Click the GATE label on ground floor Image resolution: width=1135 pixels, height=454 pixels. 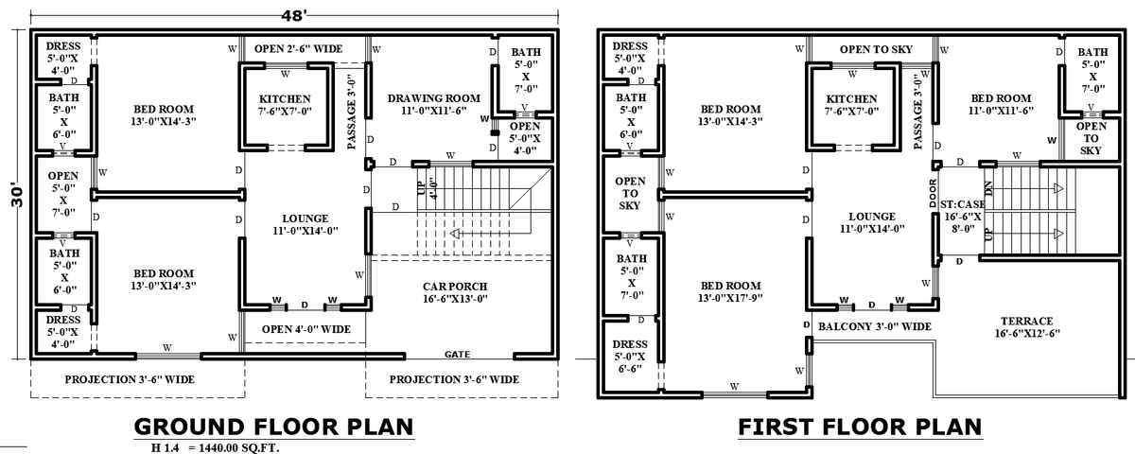click(458, 354)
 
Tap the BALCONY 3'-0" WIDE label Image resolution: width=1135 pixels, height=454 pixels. click(875, 326)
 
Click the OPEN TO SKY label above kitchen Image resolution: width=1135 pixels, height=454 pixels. click(875, 48)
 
